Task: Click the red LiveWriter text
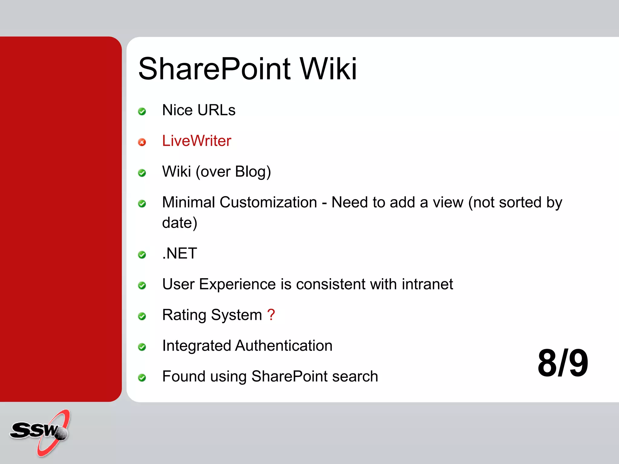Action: pyautogui.click(x=196, y=141)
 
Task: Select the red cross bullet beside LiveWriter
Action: pyautogui.click(x=142, y=142)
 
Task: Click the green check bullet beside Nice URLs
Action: pyautogui.click(x=142, y=111)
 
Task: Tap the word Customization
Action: pyautogui.click(x=268, y=202)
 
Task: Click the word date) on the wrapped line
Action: pyautogui.click(x=180, y=223)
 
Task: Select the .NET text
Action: pyautogui.click(x=180, y=253)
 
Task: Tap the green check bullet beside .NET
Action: pyautogui.click(x=142, y=255)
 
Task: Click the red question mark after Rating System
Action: pyautogui.click(x=271, y=315)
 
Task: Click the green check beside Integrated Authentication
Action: pyautogui.click(x=142, y=347)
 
